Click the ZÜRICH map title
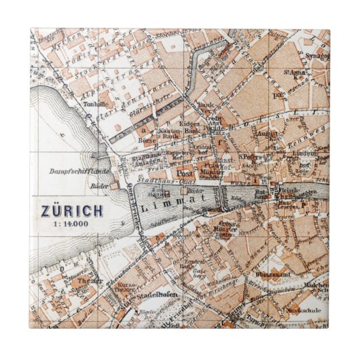coord(71,209)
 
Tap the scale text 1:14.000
coord(71,222)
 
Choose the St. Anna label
coord(294,71)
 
